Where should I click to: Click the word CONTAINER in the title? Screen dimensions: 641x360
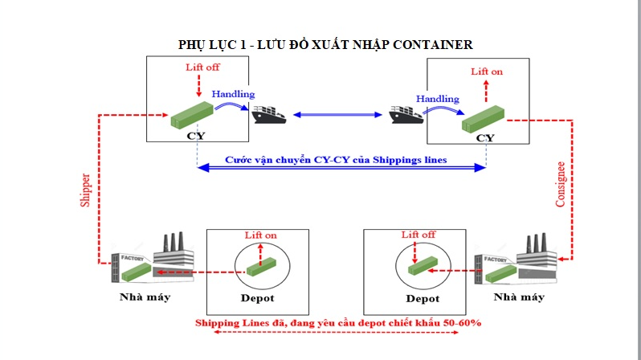point(432,44)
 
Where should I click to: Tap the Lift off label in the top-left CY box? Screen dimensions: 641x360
point(202,67)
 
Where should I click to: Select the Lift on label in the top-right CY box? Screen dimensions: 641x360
point(487,72)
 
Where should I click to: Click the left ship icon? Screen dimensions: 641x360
point(268,115)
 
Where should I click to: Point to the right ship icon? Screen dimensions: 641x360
point(406,115)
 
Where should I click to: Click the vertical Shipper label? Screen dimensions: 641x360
point(85,190)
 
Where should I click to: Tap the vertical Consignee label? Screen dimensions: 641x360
point(560,184)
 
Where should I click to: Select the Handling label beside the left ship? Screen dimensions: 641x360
point(233,94)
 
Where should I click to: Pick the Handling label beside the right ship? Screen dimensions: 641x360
point(438,99)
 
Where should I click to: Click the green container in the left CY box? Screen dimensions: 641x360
point(192,115)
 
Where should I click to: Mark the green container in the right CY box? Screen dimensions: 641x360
point(484,119)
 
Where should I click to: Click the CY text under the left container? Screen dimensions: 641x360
point(196,136)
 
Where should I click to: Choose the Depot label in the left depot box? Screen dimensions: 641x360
point(257,298)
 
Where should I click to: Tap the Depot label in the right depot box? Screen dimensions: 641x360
point(423,299)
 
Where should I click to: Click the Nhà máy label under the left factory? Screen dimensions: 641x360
point(145,297)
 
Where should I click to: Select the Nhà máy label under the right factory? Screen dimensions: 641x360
point(519,297)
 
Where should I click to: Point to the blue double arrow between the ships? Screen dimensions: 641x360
point(337,115)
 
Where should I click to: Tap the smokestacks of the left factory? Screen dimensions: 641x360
point(174,242)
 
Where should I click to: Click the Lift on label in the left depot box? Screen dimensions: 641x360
point(260,235)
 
